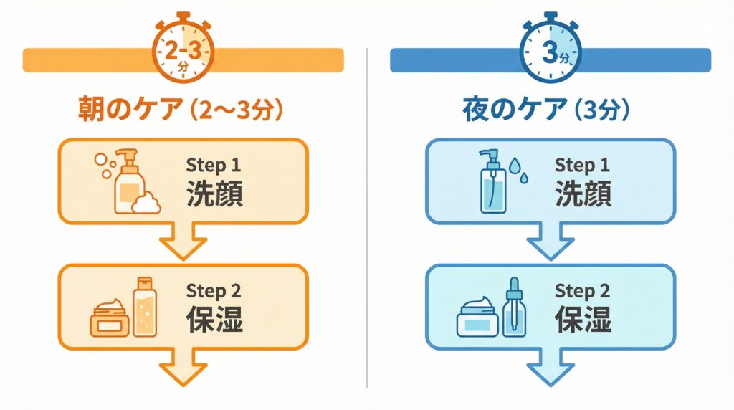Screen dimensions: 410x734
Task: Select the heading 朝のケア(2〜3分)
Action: tap(181, 111)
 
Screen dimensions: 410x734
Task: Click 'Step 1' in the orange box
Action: tap(213, 165)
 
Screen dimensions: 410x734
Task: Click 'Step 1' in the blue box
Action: tap(581, 165)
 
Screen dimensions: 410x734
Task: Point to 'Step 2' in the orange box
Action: tap(213, 291)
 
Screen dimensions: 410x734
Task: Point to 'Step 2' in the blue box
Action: tap(581, 291)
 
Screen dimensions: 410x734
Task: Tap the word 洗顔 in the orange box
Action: tap(214, 194)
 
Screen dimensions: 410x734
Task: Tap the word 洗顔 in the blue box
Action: tap(583, 194)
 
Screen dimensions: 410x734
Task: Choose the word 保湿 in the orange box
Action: tap(214, 320)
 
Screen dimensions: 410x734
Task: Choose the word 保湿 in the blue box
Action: tap(583, 320)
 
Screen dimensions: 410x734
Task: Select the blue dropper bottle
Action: tap(513, 308)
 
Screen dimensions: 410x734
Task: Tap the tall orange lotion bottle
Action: tap(143, 307)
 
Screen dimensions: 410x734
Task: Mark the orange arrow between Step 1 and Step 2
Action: tap(182, 242)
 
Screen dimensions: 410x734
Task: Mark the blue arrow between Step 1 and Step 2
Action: tap(550, 242)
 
